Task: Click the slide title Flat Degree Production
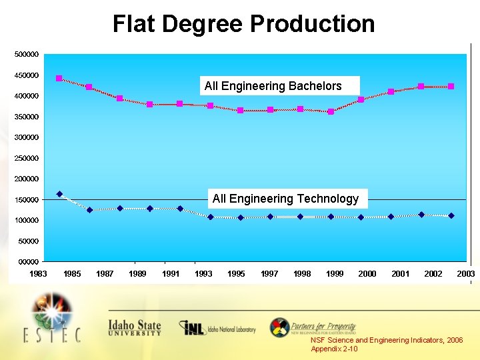[243, 24]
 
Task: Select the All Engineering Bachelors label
[273, 86]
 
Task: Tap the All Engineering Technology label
[285, 199]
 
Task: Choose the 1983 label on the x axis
[37, 274]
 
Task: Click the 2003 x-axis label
[465, 274]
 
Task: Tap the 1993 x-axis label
[203, 274]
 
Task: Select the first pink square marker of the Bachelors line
[59, 79]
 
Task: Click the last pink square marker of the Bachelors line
[451, 86]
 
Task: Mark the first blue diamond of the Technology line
[59, 194]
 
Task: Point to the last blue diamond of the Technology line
[451, 215]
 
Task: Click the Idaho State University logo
[135, 327]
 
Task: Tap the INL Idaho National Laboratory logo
[217, 328]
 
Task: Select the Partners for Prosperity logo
[313, 327]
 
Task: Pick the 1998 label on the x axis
[302, 274]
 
